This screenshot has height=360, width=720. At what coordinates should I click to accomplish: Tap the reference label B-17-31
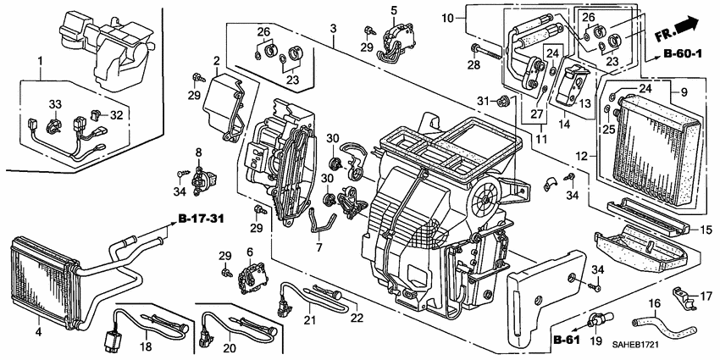coord(202,220)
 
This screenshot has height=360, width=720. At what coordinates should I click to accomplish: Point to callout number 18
coord(146,346)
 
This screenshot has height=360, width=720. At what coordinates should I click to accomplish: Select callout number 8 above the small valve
coord(199,152)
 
